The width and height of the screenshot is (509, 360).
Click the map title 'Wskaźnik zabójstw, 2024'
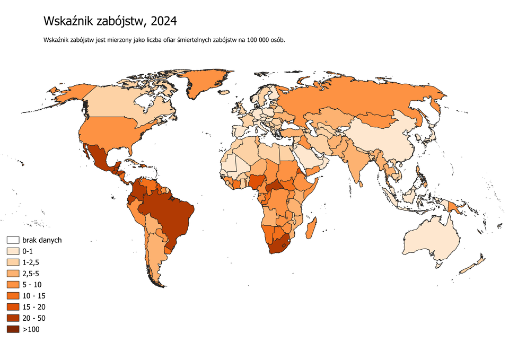tap(110, 21)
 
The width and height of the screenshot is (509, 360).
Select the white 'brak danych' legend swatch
tap(13, 240)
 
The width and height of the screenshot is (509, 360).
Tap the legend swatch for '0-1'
tap(13, 251)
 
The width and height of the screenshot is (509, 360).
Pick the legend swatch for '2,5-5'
tap(13, 274)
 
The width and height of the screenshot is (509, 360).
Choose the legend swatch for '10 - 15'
tap(13, 296)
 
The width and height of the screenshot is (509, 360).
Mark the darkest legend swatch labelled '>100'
tap(13, 330)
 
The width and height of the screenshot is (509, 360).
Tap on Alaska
tap(69, 94)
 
